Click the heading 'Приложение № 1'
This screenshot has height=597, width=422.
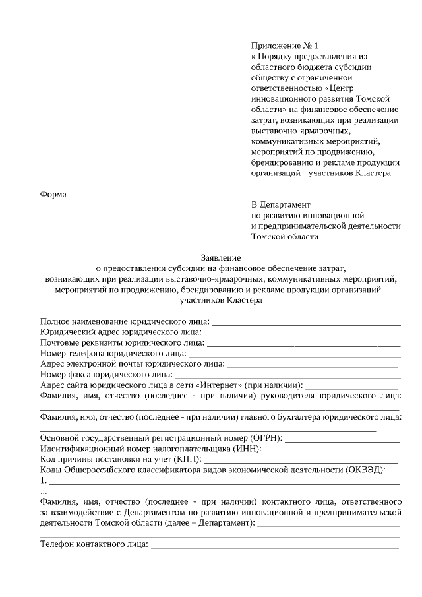click(x=284, y=46)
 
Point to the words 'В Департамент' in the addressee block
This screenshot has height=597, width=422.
click(x=280, y=204)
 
